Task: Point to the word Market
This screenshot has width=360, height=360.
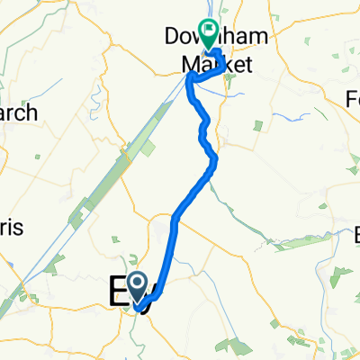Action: [214, 64]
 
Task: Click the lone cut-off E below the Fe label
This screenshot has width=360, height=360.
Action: [354, 236]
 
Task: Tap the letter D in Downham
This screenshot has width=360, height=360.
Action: [173, 38]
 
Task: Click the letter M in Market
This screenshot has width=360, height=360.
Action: [189, 64]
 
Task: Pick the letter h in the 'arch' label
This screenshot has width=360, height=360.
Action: [31, 112]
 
